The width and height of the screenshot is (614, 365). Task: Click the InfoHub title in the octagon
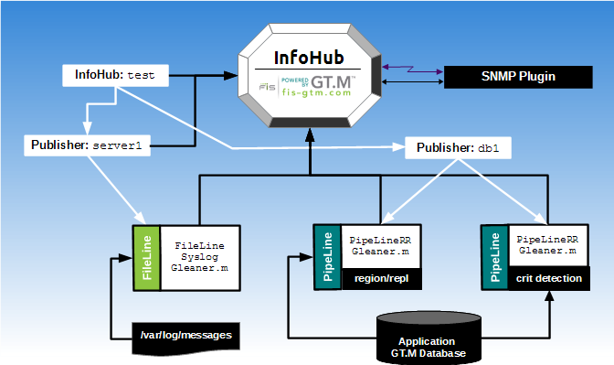[x=310, y=57]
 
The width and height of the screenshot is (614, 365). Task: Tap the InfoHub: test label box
[x=115, y=76]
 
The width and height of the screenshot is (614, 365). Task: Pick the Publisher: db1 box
[x=458, y=147]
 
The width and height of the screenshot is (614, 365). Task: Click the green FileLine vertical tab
[x=146, y=258]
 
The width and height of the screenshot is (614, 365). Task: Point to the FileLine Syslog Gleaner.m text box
[x=199, y=258]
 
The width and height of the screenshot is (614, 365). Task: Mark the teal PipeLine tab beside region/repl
[x=325, y=257]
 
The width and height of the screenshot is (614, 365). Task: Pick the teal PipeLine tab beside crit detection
[x=493, y=257]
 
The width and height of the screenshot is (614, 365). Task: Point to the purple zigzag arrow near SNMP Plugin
[x=413, y=68]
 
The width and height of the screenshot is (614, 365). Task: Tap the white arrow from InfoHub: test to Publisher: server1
[x=87, y=112]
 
